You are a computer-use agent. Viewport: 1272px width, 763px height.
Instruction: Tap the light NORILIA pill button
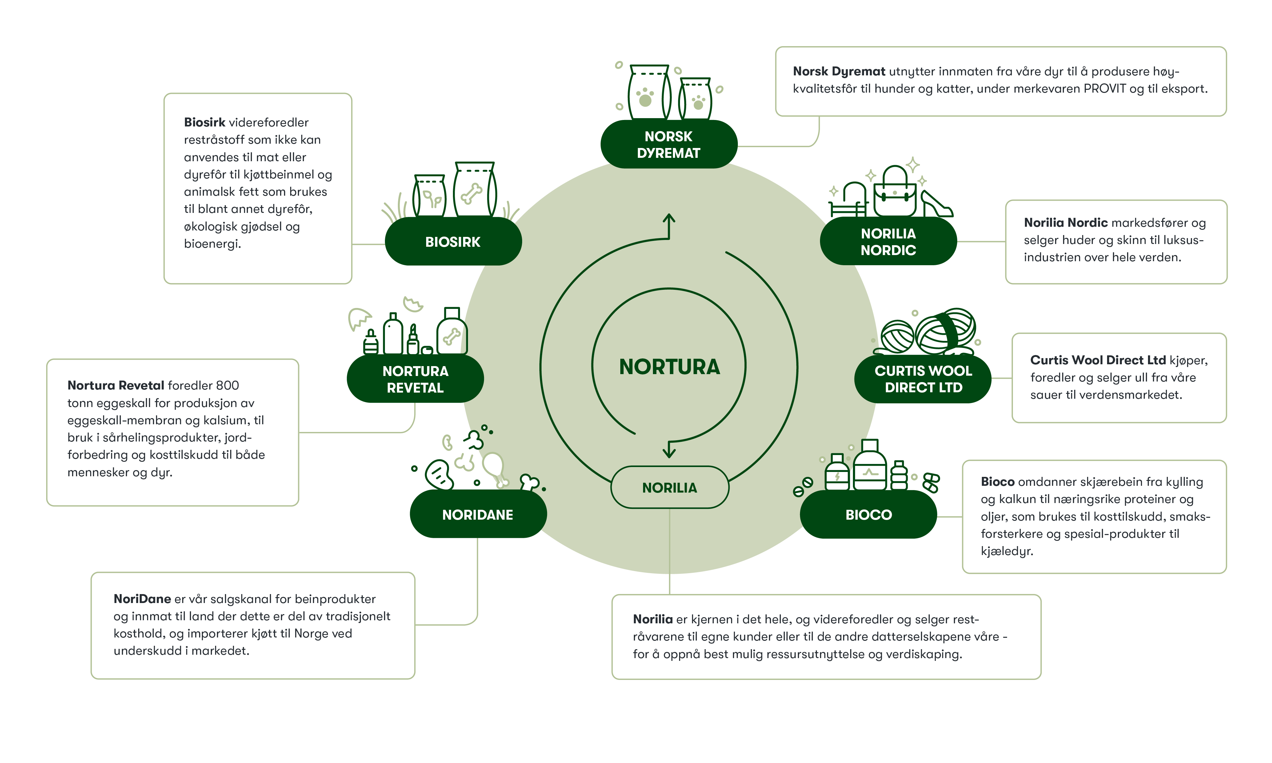click(x=670, y=487)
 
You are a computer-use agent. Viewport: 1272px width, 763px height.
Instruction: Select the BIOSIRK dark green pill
click(x=453, y=242)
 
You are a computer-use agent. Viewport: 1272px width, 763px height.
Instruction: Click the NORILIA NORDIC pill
click(x=888, y=242)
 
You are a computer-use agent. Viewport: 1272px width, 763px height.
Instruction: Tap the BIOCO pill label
click(x=868, y=515)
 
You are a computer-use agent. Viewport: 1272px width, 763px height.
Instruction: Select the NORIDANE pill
click(x=478, y=515)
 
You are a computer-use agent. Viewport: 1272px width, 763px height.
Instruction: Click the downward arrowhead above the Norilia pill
click(x=669, y=453)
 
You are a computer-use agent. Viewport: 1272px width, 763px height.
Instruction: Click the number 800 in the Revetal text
click(x=227, y=385)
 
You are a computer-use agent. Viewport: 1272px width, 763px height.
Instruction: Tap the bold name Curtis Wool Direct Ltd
click(x=1098, y=360)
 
